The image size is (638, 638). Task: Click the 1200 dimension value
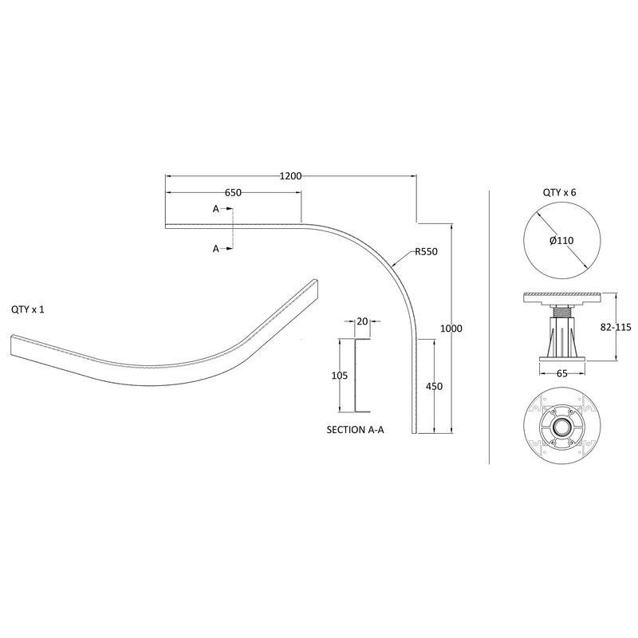click(290, 175)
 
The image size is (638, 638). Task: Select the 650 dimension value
click(233, 193)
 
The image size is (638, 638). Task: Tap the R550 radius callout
click(426, 252)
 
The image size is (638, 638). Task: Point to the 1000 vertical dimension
click(451, 329)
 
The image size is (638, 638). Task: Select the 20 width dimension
click(363, 321)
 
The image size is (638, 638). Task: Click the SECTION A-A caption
click(356, 429)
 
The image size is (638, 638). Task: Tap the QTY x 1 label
click(28, 309)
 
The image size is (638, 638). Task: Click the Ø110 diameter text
click(561, 240)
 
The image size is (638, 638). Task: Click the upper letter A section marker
click(215, 209)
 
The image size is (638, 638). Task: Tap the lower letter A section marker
click(215, 249)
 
